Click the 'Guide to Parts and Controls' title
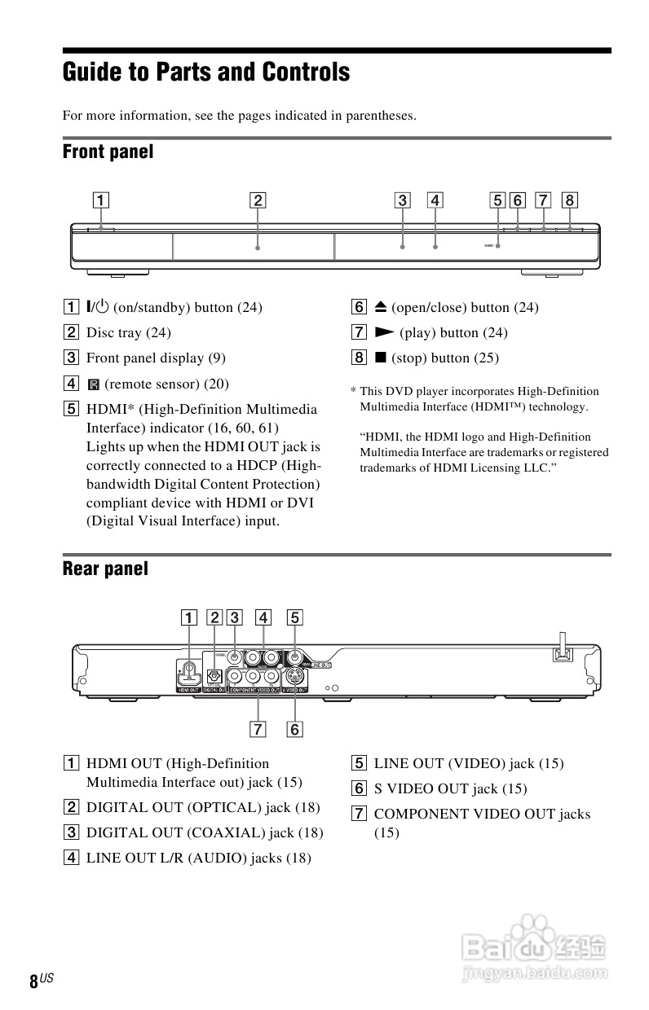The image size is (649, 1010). coord(206,73)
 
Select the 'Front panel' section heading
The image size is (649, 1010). coord(108,151)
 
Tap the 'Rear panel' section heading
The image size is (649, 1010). coord(105,569)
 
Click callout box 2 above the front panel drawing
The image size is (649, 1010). coord(257,200)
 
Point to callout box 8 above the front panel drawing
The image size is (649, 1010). coord(569,200)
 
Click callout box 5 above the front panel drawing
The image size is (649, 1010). coord(497,200)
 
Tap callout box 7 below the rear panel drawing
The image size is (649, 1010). coord(258,729)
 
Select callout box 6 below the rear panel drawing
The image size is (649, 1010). coord(294,729)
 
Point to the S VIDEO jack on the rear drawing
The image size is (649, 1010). coord(294,676)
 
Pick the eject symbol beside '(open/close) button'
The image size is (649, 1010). coord(380,307)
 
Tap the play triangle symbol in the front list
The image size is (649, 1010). coord(384,332)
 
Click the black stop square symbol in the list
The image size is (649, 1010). coord(380,358)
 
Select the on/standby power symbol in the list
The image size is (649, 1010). coord(98,307)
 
